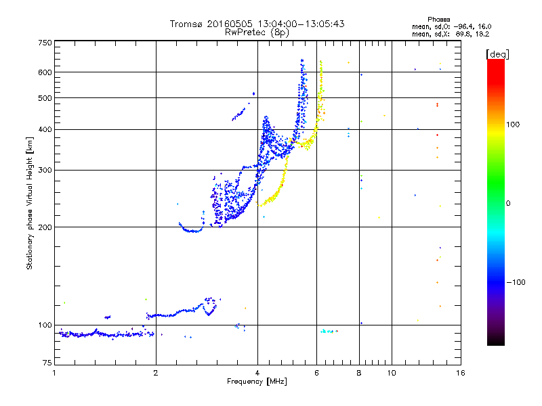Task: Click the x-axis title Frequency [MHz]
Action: point(257,382)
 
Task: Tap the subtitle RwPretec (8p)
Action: point(257,32)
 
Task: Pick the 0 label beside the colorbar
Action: point(508,203)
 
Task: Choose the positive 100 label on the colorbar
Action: point(512,125)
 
